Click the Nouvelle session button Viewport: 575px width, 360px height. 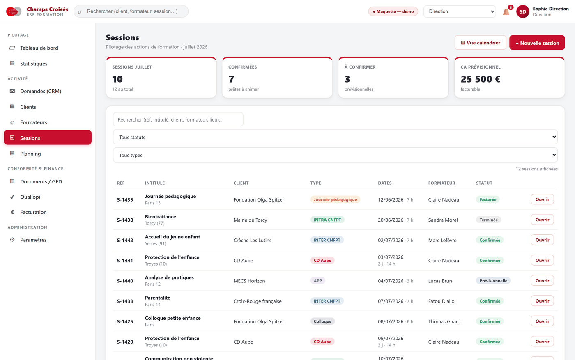pos(537,43)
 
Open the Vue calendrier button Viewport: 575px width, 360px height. pos(480,43)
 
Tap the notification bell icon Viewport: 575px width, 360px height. pos(506,11)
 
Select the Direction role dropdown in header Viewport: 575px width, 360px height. pos(460,11)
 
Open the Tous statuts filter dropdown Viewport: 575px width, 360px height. pos(335,137)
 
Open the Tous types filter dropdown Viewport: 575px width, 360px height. pos(335,155)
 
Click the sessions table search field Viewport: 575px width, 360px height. pos(178,119)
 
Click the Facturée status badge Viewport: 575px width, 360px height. pos(488,199)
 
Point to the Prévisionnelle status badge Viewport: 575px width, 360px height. pos(493,281)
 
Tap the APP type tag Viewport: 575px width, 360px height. pos(318,281)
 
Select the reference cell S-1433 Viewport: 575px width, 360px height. pos(125,301)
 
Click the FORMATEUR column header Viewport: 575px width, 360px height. pos(442,183)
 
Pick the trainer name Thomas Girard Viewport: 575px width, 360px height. pos(444,321)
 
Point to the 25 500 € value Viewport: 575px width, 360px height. pos(481,79)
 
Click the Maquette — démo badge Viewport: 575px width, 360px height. pos(393,11)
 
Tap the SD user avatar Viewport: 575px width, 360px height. pos(522,11)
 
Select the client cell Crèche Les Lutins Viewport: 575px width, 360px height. pos(252,240)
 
